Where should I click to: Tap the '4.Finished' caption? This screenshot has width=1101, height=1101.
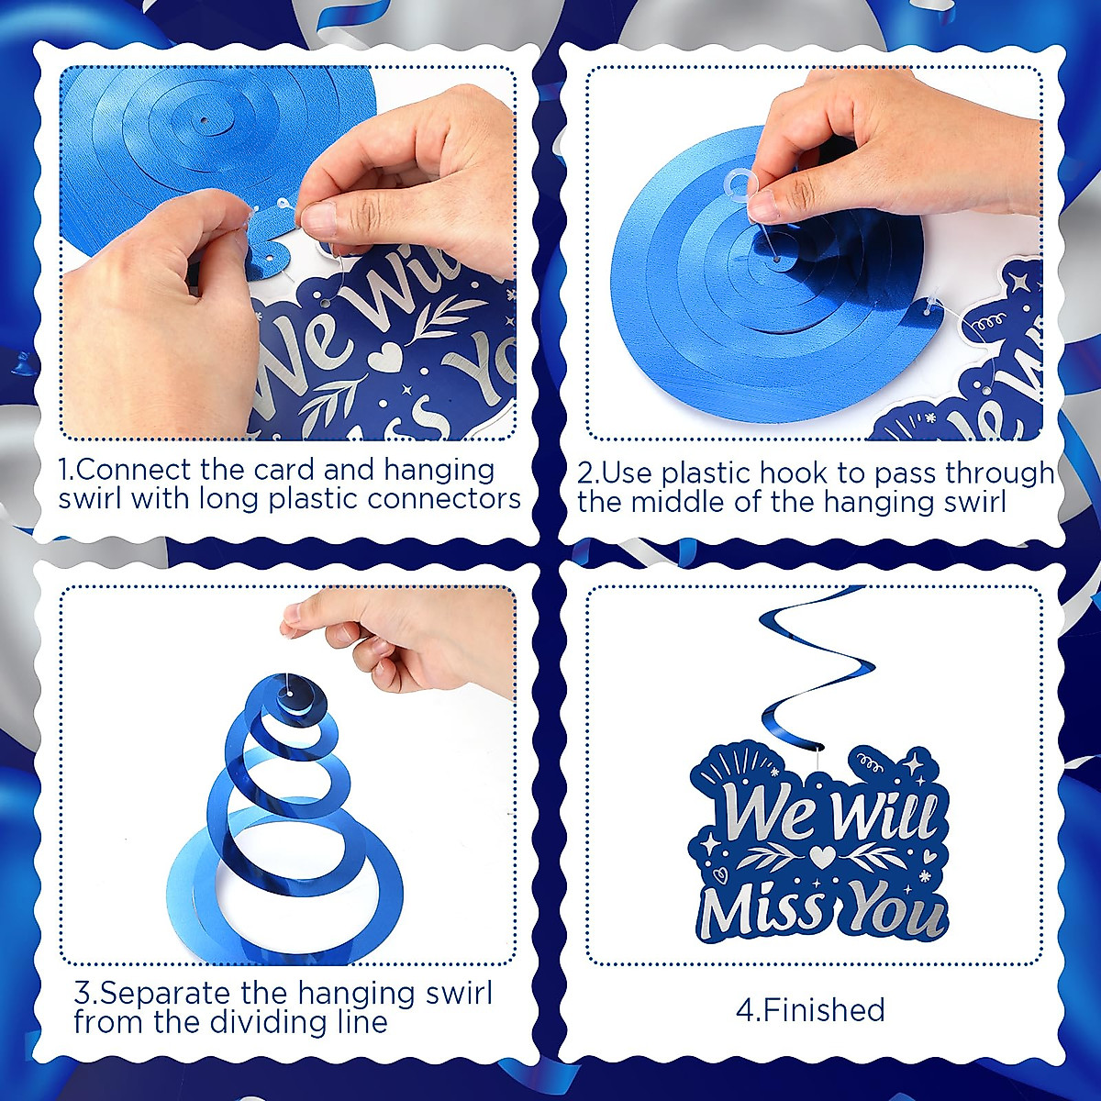pos(811,1009)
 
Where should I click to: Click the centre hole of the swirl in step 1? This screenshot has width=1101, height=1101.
pos(205,121)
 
